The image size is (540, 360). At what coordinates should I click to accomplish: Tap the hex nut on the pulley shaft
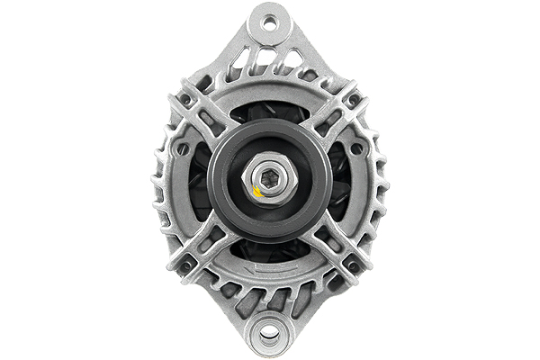[x=269, y=180]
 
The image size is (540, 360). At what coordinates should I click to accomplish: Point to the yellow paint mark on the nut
[x=258, y=190]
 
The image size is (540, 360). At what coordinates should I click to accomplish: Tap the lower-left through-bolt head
[x=187, y=265]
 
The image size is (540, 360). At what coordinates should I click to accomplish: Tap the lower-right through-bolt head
[x=353, y=265]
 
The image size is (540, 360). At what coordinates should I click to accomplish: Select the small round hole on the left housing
[x=183, y=148]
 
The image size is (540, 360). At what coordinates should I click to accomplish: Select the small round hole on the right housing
[x=357, y=148]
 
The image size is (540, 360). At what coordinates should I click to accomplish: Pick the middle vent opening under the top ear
[x=270, y=61]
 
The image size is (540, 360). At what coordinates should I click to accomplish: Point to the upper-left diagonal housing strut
[x=209, y=117]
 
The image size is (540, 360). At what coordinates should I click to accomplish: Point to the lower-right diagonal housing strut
[x=331, y=245]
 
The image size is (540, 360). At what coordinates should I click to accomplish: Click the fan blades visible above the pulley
[x=270, y=112]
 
